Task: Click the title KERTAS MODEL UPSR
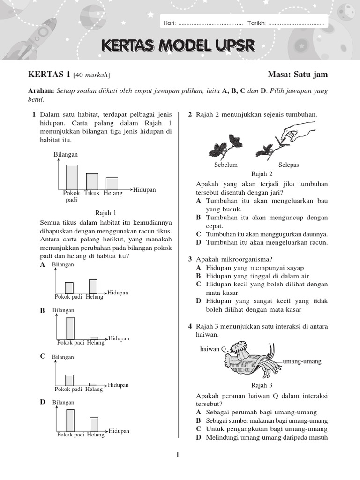(x=178, y=46)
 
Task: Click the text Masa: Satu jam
(x=298, y=75)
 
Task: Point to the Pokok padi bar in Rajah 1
(x=72, y=176)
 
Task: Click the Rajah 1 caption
(x=105, y=212)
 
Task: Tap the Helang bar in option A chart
(x=93, y=286)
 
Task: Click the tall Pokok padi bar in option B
(x=70, y=328)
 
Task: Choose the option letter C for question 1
(x=43, y=356)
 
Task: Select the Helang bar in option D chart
(x=94, y=424)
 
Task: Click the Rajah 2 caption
(x=262, y=174)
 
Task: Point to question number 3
(x=190, y=259)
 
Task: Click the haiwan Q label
(x=213, y=349)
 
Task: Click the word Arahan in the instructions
(x=41, y=90)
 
